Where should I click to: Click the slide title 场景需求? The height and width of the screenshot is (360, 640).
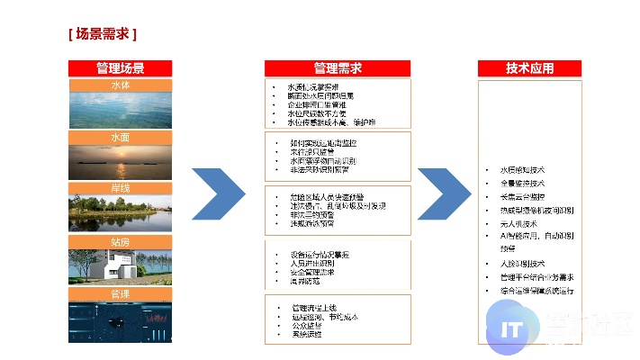[102, 35]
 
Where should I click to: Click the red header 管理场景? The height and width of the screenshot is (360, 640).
[120, 68]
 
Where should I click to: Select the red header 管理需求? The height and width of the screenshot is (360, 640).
[338, 68]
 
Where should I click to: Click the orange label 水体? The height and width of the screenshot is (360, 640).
[120, 85]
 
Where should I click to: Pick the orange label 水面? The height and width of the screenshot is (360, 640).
[120, 137]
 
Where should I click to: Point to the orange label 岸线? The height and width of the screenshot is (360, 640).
[120, 189]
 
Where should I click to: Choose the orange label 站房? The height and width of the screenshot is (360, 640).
[120, 242]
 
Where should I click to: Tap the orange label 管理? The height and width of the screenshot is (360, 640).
[120, 294]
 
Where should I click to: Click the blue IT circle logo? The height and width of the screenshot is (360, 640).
[515, 328]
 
